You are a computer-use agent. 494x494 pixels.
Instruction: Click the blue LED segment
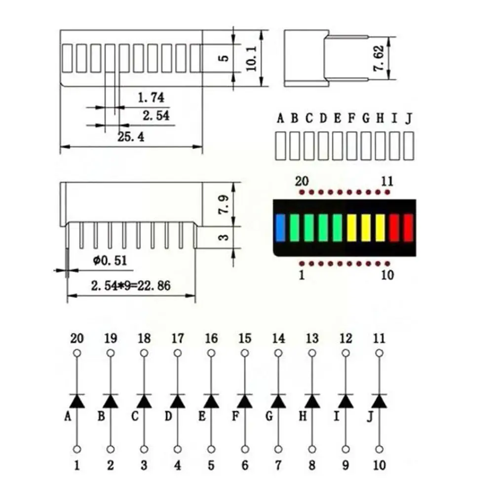tap(280, 228)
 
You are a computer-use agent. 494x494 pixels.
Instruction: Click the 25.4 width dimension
tap(131, 137)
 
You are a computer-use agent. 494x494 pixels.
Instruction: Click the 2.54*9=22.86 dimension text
tap(131, 286)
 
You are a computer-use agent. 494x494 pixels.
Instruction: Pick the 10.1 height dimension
tap(251, 58)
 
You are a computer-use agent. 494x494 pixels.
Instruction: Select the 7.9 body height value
tap(224, 204)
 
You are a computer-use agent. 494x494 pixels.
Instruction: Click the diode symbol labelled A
tap(77, 401)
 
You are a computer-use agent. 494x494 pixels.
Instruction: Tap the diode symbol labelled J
tap(379, 401)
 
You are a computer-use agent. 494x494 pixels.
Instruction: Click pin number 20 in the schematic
tap(77, 339)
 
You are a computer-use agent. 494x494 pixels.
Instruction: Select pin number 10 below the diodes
tap(379, 465)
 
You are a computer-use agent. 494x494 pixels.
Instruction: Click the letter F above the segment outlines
tap(351, 119)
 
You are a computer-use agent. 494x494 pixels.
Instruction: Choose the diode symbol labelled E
tap(211, 401)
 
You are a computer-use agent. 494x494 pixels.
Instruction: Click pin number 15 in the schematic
tap(245, 339)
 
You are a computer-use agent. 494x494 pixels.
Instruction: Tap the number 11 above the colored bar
tap(387, 181)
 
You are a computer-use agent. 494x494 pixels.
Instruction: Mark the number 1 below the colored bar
tap(302, 275)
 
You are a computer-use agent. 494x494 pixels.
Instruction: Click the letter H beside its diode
tap(303, 416)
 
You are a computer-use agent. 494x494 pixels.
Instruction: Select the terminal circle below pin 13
tap(312, 353)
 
